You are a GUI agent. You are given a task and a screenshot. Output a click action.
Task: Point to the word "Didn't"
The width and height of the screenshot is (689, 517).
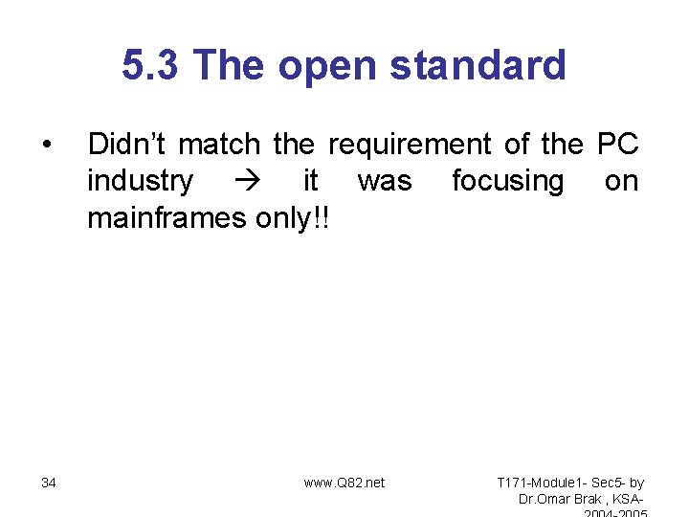(127, 145)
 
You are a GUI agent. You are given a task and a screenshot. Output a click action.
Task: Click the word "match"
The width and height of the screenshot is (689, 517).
(219, 145)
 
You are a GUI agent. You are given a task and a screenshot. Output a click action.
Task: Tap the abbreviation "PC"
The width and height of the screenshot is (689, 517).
(617, 145)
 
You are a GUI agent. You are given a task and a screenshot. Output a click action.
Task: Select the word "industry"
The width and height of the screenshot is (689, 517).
(140, 181)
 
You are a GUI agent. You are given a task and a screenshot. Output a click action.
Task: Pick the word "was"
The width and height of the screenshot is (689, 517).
(384, 181)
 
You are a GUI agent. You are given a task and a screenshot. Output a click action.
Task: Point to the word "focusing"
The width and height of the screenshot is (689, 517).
(507, 181)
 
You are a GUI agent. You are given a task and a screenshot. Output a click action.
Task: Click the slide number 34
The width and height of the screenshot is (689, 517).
(49, 483)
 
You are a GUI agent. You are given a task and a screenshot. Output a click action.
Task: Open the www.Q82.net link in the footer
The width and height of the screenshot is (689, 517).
(344, 483)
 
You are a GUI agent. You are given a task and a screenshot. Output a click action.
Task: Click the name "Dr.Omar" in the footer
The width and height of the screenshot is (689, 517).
(544, 499)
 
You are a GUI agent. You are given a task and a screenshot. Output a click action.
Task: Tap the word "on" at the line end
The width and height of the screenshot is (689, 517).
(621, 181)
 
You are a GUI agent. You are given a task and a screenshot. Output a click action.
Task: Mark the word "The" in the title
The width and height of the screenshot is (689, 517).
(225, 65)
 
